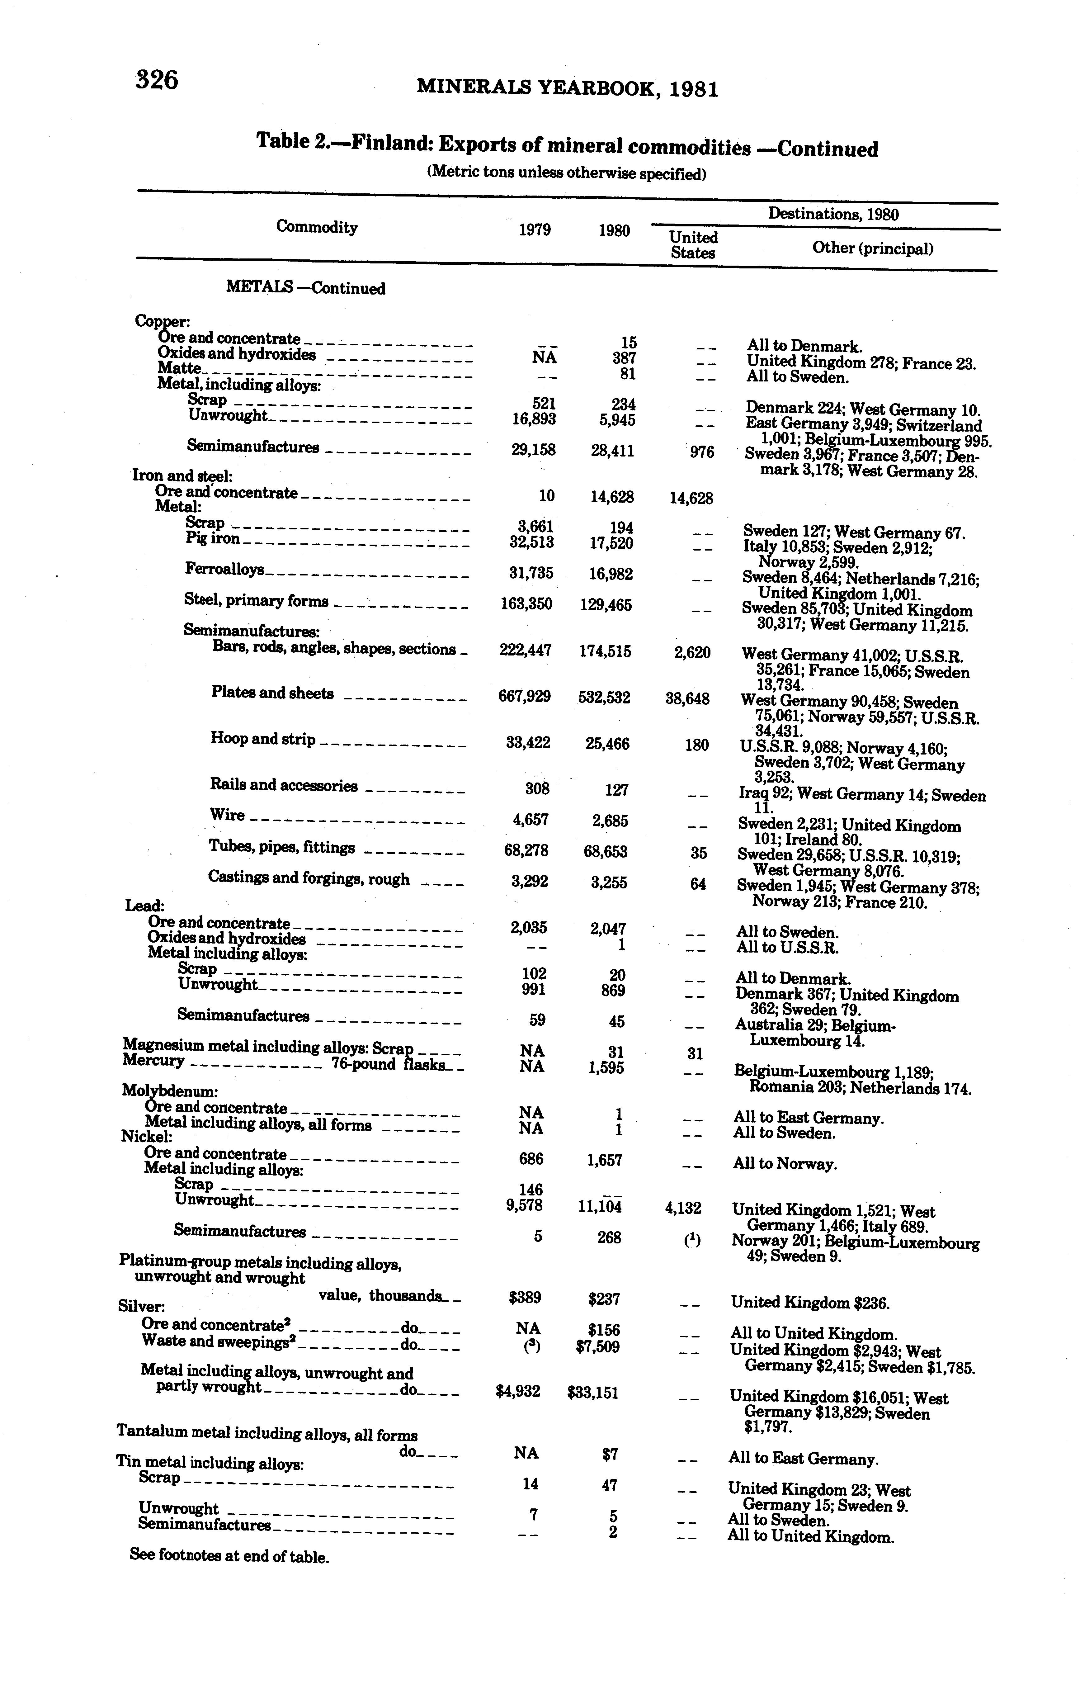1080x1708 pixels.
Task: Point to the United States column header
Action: point(694,245)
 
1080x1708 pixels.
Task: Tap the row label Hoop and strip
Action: point(263,739)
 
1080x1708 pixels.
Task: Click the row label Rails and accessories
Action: point(284,785)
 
